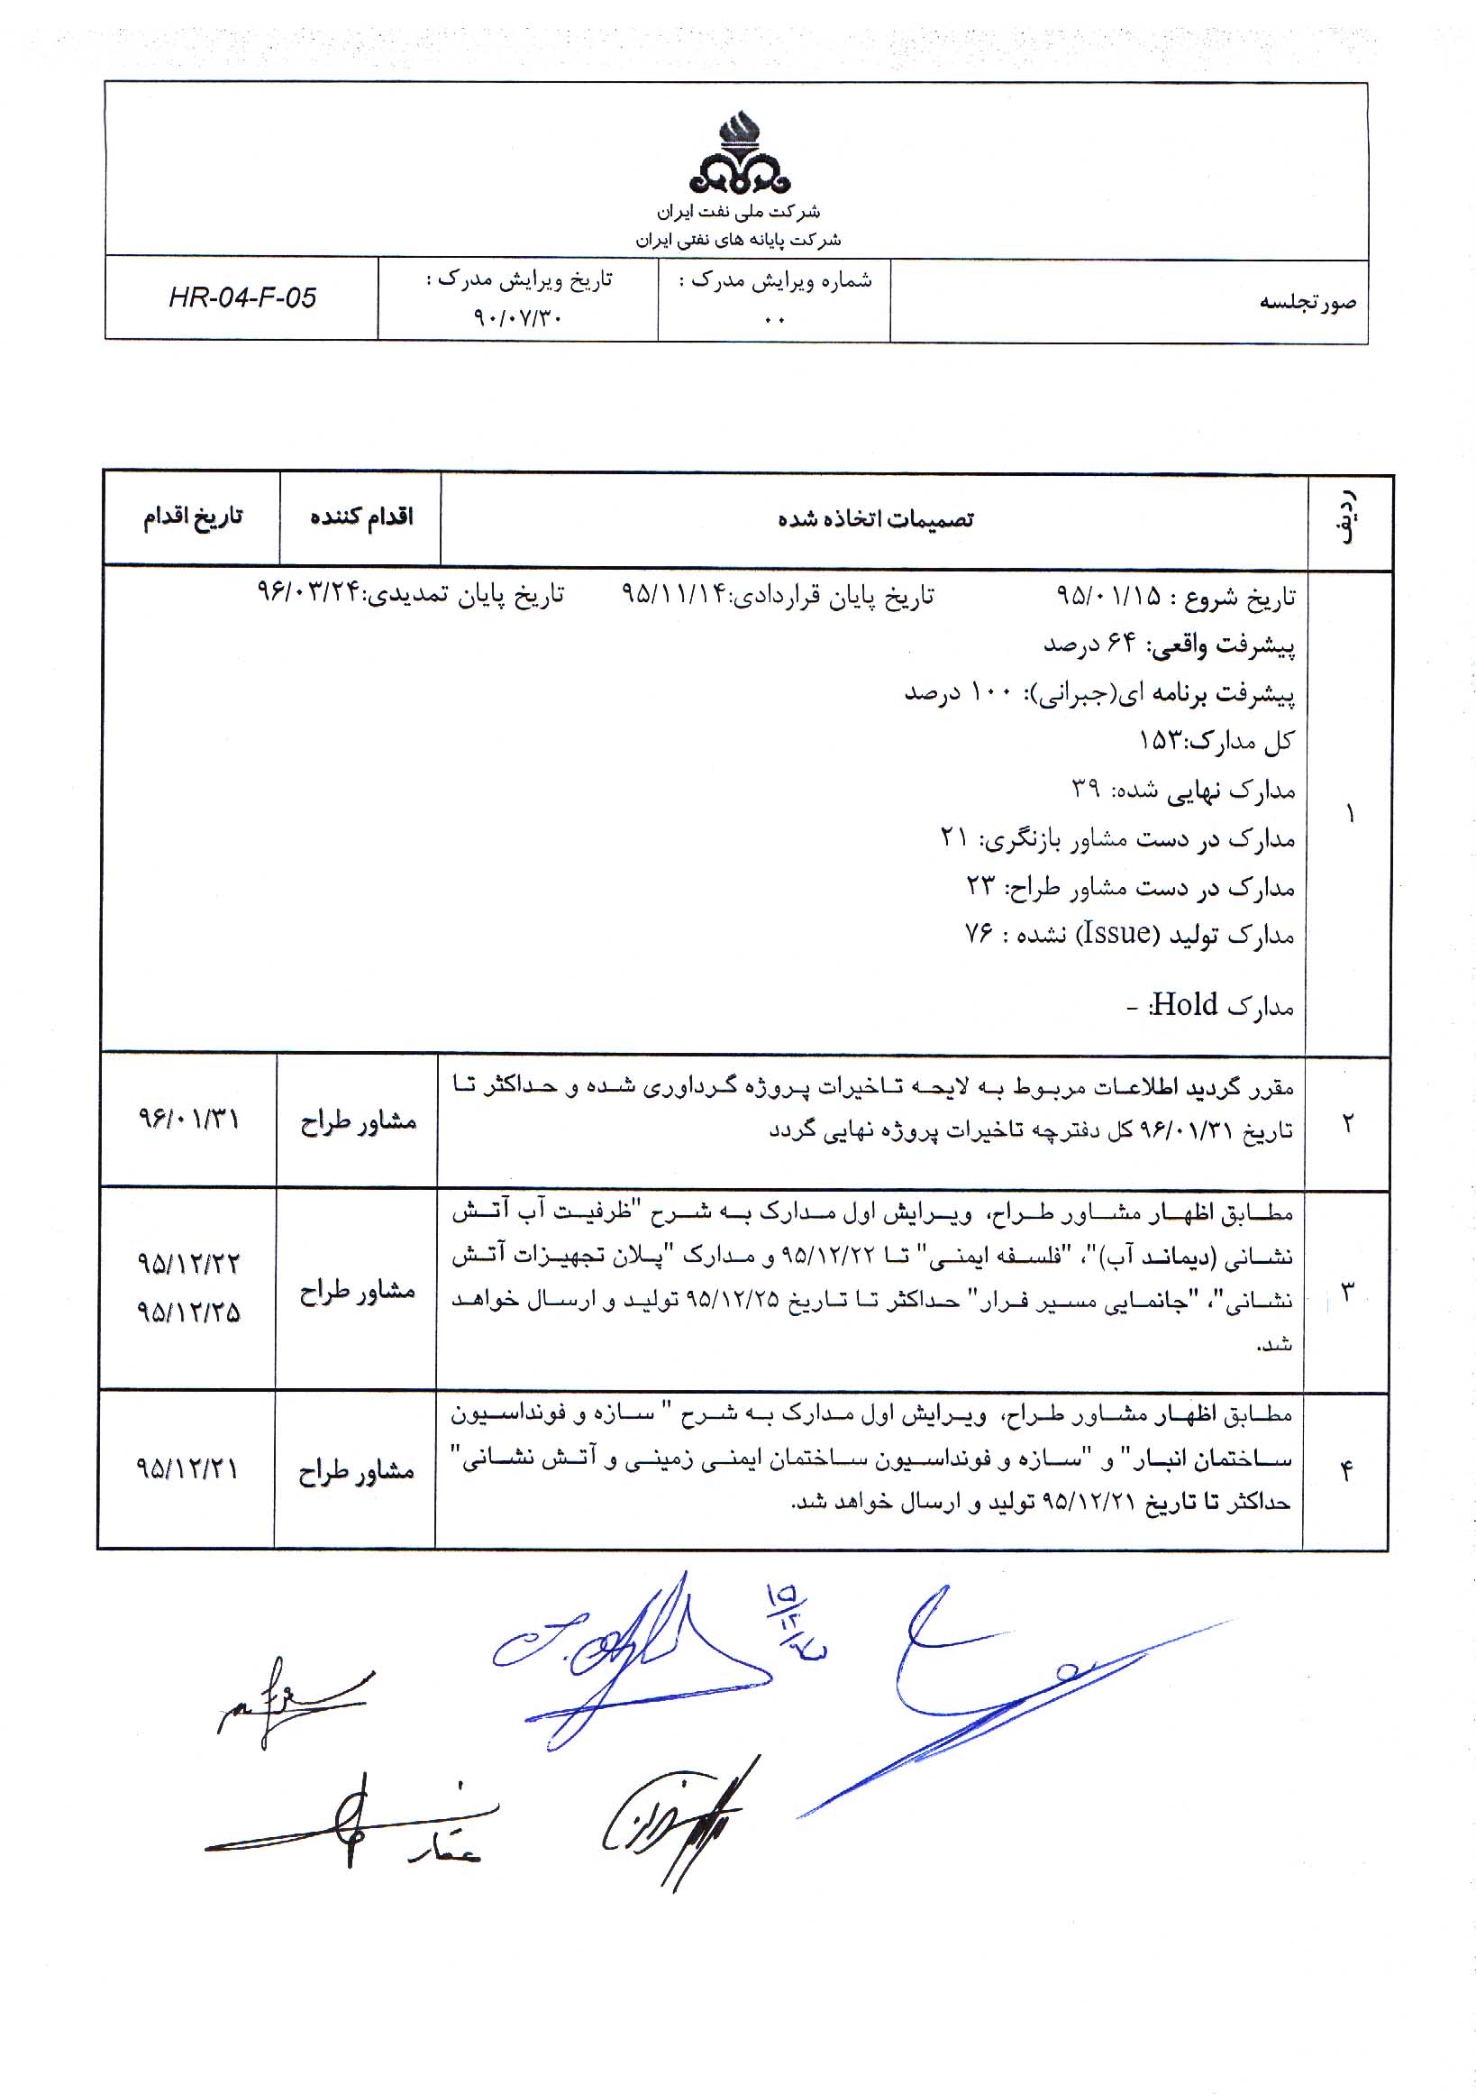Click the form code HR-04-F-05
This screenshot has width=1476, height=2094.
(242, 298)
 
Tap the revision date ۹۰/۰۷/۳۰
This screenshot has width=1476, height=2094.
(518, 317)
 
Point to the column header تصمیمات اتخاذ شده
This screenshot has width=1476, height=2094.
(875, 520)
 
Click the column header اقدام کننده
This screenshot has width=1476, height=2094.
(361, 518)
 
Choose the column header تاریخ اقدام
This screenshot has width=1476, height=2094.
(192, 517)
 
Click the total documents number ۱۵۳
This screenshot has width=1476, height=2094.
(1160, 741)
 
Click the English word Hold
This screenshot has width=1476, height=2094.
(1184, 1005)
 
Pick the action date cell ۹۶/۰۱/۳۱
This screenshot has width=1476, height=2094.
(187, 1118)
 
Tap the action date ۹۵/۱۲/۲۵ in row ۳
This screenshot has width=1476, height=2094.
(187, 1312)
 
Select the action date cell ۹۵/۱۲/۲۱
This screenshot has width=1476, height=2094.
(187, 1468)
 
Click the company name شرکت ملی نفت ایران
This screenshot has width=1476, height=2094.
(739, 212)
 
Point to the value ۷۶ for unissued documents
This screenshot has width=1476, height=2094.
(979, 934)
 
